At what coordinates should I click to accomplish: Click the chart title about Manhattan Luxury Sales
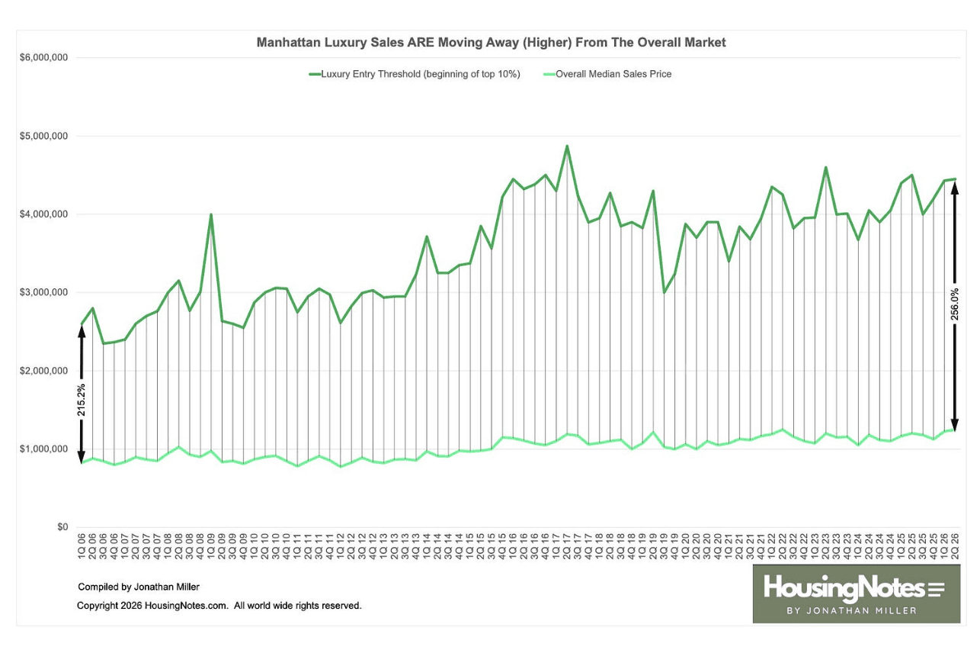[491, 43]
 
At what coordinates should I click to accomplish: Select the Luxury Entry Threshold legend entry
[415, 74]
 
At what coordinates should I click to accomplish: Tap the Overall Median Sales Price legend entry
[607, 74]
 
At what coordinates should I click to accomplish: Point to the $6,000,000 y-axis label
[43, 57]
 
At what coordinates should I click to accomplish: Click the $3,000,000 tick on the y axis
[43, 292]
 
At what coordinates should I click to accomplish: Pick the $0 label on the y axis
[62, 527]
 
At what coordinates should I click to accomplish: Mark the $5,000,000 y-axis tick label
[43, 136]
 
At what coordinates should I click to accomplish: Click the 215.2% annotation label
[82, 400]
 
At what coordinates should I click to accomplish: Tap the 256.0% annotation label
[954, 304]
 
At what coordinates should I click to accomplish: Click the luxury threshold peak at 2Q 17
[567, 146]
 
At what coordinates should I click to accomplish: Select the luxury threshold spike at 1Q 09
[211, 214]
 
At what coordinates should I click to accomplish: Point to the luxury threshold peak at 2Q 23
[825, 167]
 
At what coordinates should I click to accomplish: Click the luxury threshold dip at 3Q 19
[664, 293]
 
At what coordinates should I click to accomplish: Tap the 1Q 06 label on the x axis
[82, 546]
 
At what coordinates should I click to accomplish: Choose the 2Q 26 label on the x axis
[955, 546]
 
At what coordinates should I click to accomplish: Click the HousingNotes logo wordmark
[853, 588]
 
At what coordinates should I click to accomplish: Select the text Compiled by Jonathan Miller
[139, 587]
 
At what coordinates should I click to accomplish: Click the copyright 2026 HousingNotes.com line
[219, 606]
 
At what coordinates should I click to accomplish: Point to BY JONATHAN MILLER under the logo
[852, 610]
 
